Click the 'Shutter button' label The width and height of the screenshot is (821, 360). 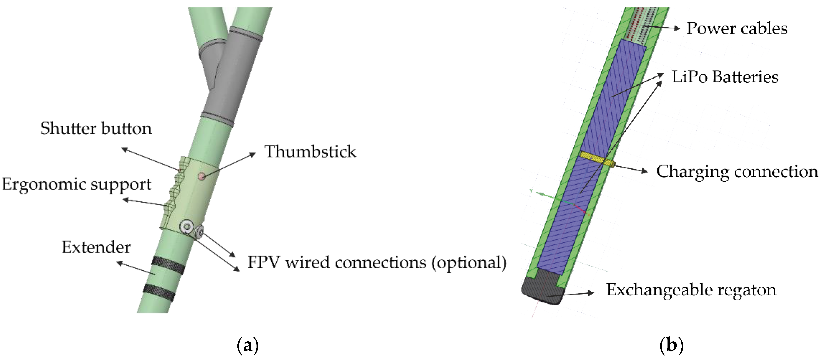(96, 129)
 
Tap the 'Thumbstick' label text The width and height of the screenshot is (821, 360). (310, 152)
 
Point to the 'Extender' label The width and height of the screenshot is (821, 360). (96, 247)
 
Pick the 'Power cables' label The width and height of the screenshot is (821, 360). (737, 29)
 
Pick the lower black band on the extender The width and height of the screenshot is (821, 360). (159, 292)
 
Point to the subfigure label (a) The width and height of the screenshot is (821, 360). (248, 345)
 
